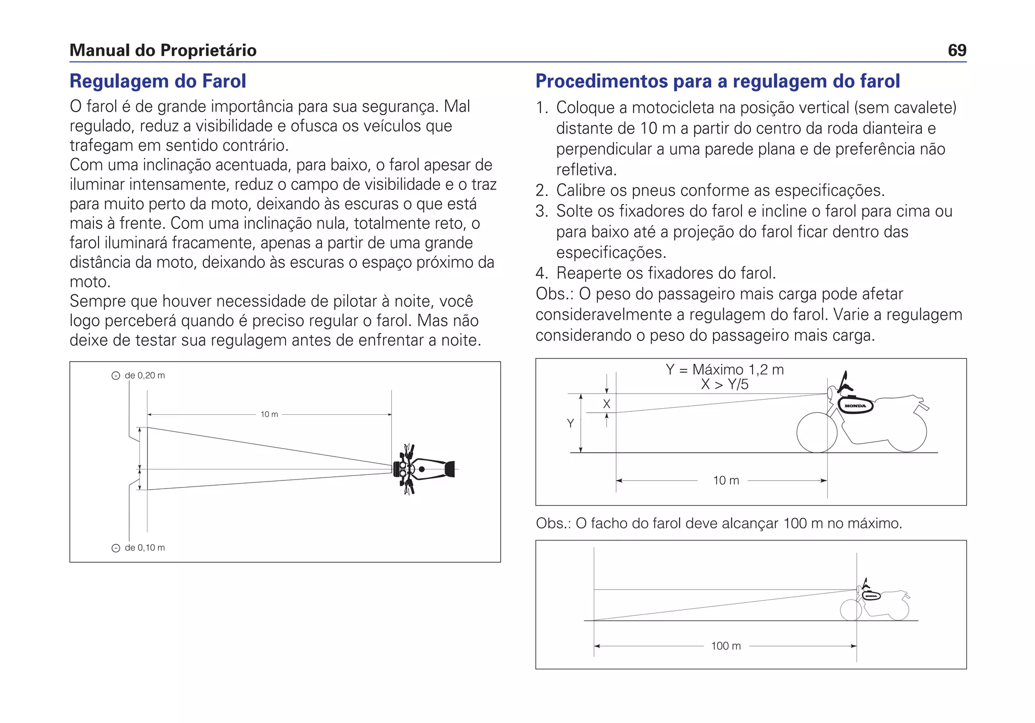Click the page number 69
(x=957, y=51)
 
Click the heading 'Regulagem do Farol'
(x=158, y=81)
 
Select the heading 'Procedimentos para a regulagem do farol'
(x=718, y=81)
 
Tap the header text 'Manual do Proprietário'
(x=163, y=51)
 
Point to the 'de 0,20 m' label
(x=144, y=375)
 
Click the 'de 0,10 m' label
(x=144, y=548)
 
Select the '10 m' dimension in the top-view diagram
(x=269, y=414)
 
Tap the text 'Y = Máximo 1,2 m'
(x=725, y=369)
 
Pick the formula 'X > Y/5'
(x=725, y=384)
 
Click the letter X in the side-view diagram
(x=606, y=404)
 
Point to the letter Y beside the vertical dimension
(x=571, y=423)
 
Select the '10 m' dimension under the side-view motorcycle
(x=726, y=480)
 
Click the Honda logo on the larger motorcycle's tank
(x=856, y=406)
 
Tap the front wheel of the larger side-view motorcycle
(x=817, y=432)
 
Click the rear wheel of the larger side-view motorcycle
(x=907, y=432)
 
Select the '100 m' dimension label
(x=726, y=646)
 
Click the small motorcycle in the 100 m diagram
(x=874, y=601)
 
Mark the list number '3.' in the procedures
(x=542, y=211)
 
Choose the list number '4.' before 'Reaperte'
(x=542, y=273)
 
